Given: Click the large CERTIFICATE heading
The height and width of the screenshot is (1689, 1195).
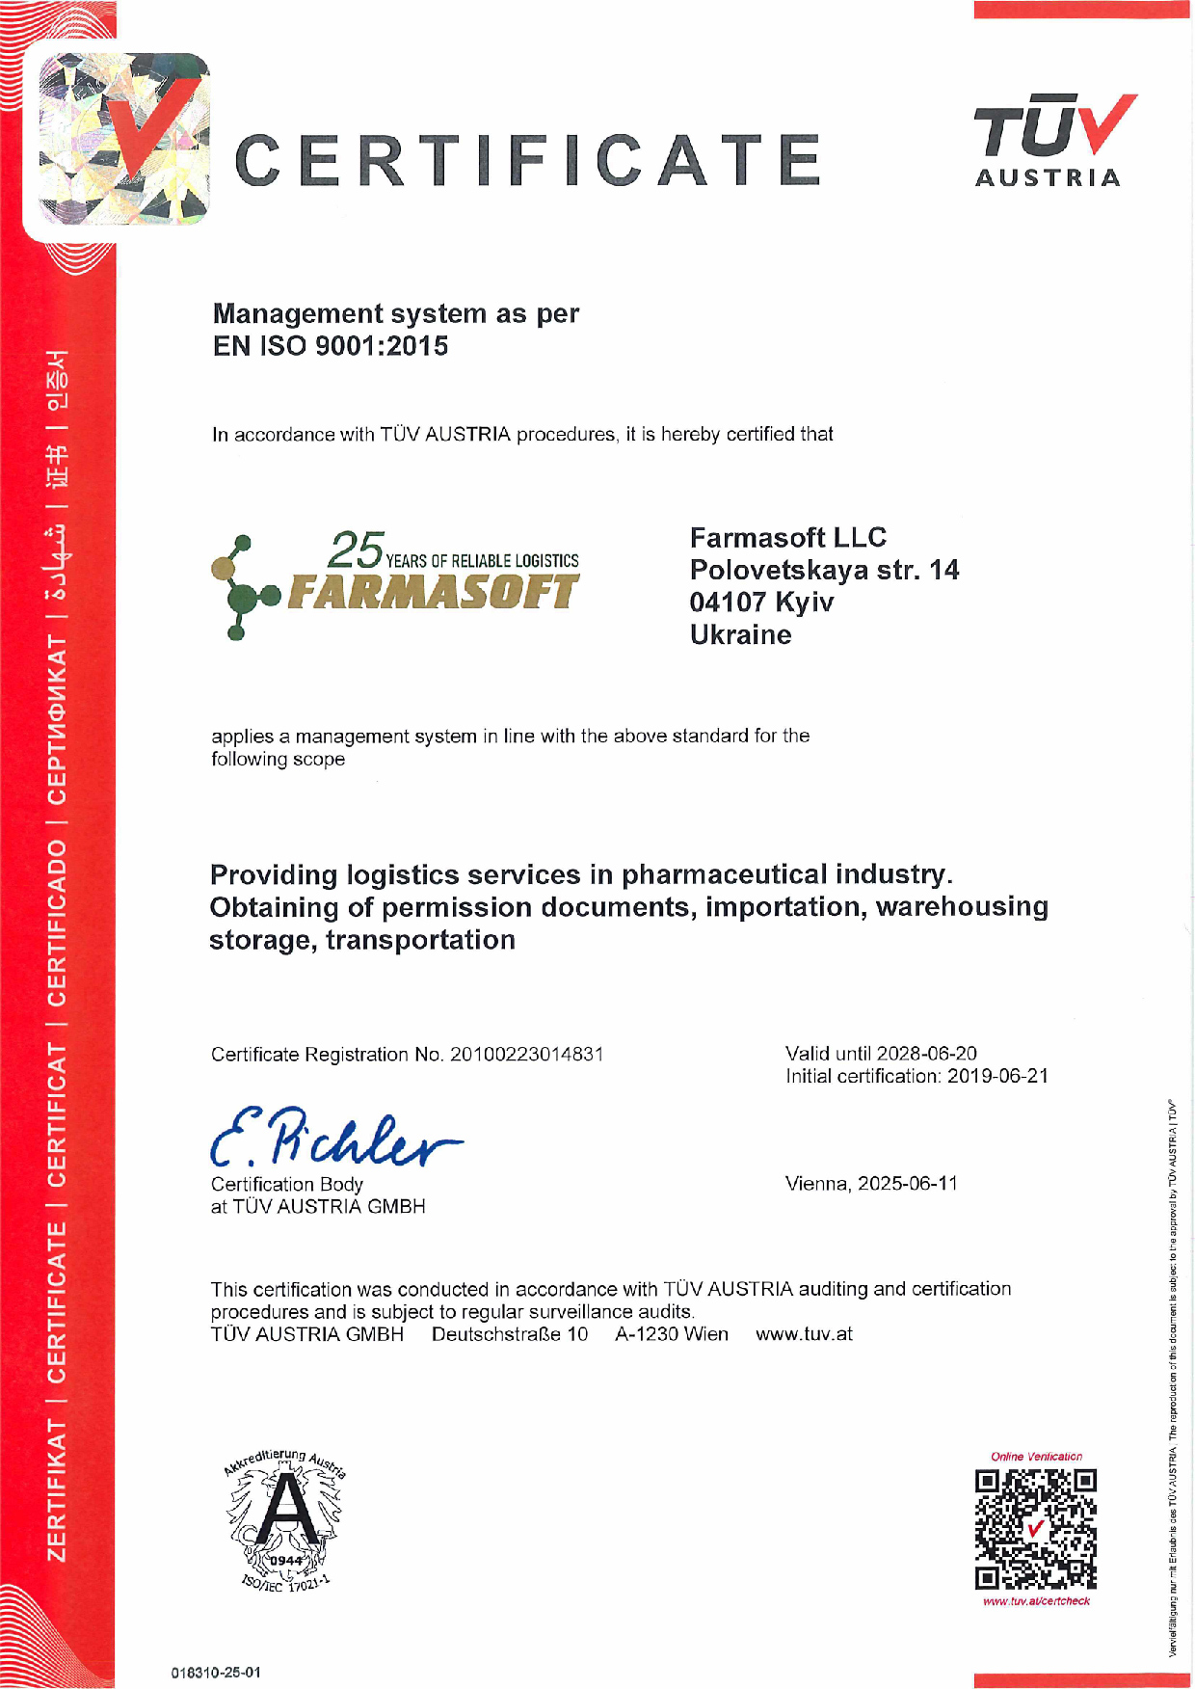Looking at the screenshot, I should (528, 160).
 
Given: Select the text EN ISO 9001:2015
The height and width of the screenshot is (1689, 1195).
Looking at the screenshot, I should (331, 346).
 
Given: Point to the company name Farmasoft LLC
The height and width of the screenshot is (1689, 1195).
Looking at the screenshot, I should (787, 538).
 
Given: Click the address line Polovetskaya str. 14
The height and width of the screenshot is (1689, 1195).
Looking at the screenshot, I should (824, 570).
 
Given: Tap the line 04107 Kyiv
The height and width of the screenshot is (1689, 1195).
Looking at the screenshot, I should (761, 603).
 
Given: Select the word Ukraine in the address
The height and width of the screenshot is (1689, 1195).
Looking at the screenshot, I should (740, 635).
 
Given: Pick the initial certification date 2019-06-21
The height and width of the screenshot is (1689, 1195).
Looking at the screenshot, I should (997, 1076).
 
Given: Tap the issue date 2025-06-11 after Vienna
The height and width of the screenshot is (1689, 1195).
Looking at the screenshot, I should (908, 1184).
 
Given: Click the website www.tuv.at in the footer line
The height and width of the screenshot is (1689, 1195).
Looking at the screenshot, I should (804, 1334).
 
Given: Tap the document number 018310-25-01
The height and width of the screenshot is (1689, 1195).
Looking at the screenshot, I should (216, 1673).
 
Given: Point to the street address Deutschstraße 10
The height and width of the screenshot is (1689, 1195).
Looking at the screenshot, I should (509, 1334).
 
